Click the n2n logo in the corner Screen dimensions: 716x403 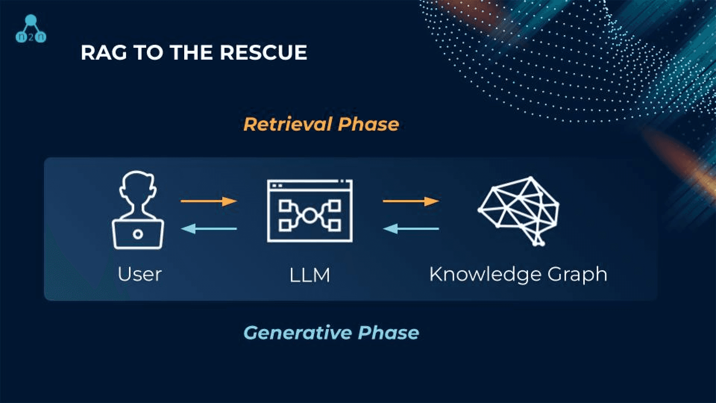point(31,28)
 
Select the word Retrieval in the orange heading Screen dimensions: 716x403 point(288,124)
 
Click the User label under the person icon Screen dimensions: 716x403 point(139,274)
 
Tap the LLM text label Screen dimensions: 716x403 point(310,275)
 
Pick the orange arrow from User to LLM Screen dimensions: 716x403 point(209,201)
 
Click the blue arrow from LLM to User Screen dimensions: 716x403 point(209,228)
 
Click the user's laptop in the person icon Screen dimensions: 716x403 point(138,234)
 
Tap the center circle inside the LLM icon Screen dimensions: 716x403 point(309,215)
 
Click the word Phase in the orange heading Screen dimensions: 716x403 point(368,124)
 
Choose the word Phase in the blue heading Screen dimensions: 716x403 point(389,332)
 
